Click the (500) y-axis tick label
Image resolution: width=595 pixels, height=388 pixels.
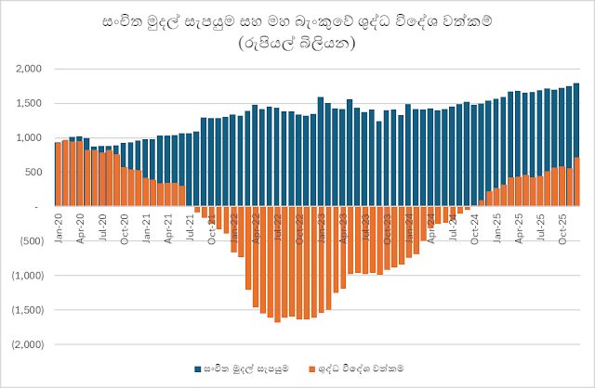click(31, 241)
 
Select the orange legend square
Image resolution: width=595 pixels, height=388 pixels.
click(311, 369)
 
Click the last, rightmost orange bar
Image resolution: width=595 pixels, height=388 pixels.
click(576, 182)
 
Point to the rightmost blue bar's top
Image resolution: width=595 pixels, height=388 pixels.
click(576, 84)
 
